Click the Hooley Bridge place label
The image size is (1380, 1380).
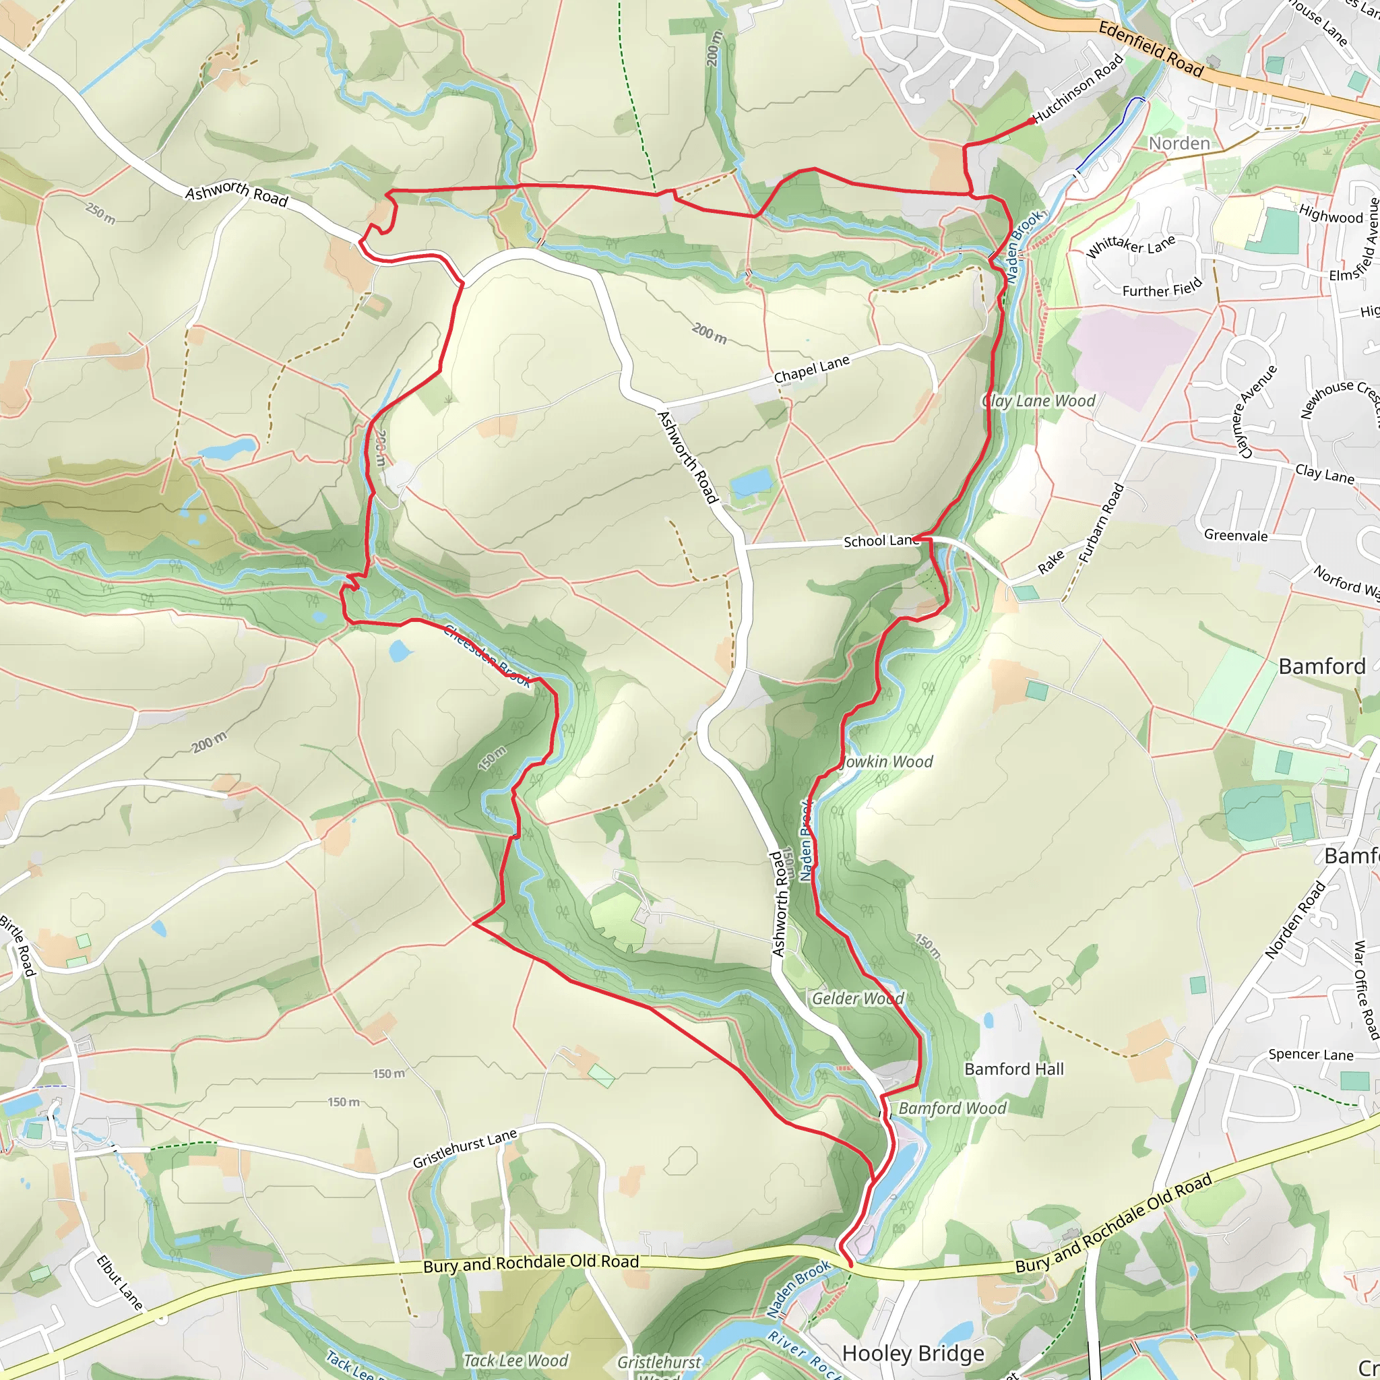pyautogui.click(x=913, y=1353)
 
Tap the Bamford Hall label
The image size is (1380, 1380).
pyautogui.click(x=1013, y=1069)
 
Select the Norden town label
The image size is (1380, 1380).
pyautogui.click(x=1179, y=144)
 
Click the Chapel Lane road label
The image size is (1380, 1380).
pyautogui.click(x=811, y=369)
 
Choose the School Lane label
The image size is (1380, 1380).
pyautogui.click(x=881, y=540)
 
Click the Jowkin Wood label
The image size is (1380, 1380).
pyautogui.click(x=888, y=762)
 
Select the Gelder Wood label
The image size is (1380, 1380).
pyautogui.click(x=858, y=999)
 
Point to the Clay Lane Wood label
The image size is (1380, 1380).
pyautogui.click(x=1039, y=401)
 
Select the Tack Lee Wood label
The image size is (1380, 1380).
pyautogui.click(x=515, y=1360)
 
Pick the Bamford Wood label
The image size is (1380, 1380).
pyautogui.click(x=952, y=1108)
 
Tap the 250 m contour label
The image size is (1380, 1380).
pyautogui.click(x=100, y=212)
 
